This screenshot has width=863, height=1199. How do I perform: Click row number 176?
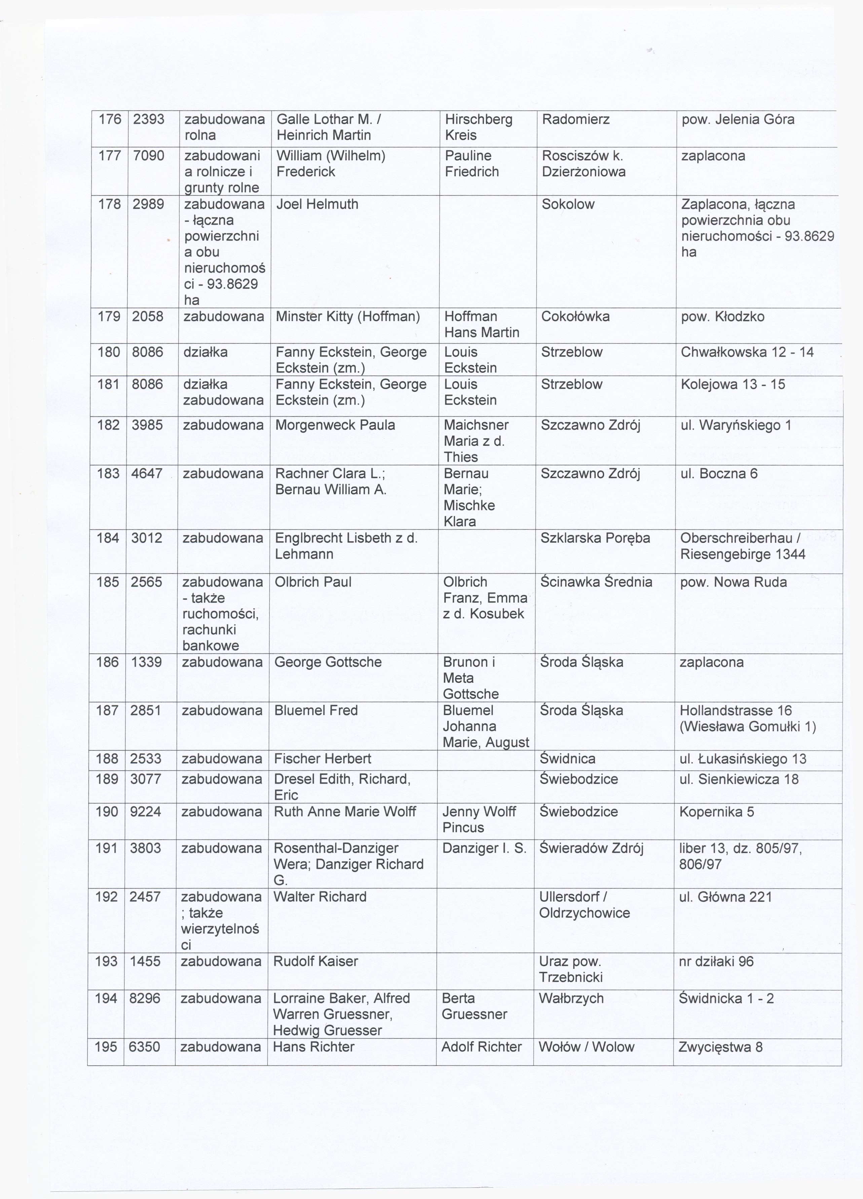[x=110, y=119]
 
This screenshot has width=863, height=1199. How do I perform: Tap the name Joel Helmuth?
[x=317, y=205]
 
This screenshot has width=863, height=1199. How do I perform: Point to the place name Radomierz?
[x=576, y=119]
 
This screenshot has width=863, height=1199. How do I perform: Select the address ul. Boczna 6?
[x=719, y=474]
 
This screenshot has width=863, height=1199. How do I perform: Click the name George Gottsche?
[x=328, y=663]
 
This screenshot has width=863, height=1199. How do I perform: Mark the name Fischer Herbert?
[x=323, y=759]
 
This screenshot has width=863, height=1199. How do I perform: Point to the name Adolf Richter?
[x=481, y=1047]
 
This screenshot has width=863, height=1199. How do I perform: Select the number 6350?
[x=144, y=1047]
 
